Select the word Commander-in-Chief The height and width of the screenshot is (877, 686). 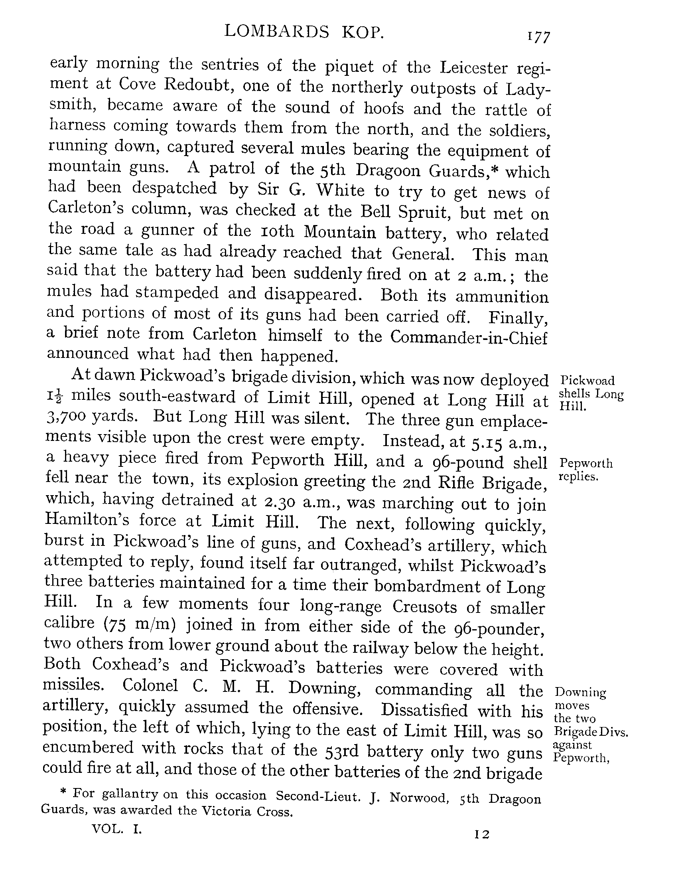468,338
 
